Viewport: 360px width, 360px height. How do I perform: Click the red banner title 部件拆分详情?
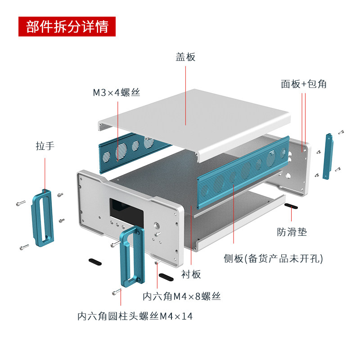click(x=67, y=27)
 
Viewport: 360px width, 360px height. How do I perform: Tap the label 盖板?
click(x=185, y=57)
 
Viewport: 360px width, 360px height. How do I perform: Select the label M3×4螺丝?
click(x=117, y=93)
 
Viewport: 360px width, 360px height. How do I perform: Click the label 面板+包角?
click(x=304, y=84)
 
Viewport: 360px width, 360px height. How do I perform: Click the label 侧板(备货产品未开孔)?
click(x=273, y=259)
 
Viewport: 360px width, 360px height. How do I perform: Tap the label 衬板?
click(x=191, y=274)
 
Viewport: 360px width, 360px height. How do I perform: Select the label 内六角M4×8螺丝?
click(x=181, y=296)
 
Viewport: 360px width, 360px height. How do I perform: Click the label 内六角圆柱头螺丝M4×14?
click(x=135, y=316)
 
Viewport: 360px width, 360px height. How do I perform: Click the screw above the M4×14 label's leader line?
click(x=117, y=292)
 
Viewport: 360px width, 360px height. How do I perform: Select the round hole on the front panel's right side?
click(x=157, y=225)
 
